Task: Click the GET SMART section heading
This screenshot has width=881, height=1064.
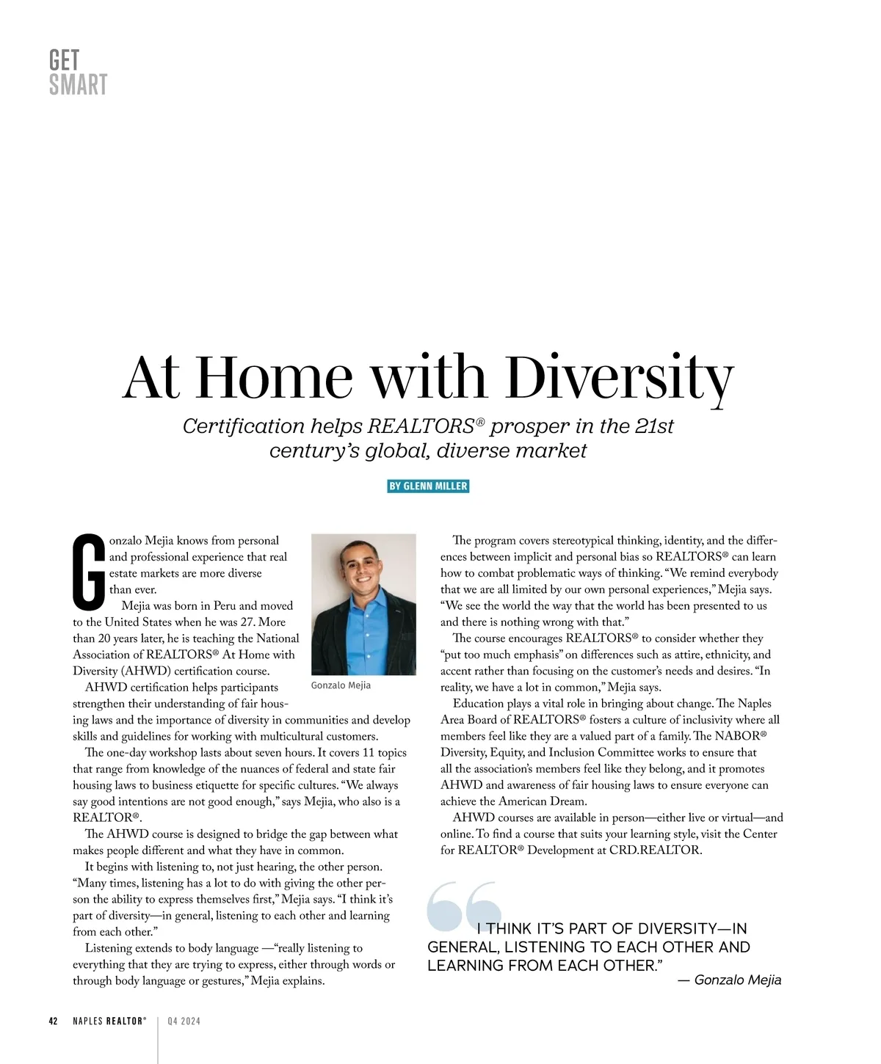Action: [x=78, y=73]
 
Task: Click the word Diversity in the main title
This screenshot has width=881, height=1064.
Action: [x=620, y=377]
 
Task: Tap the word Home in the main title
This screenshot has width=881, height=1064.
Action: [x=274, y=377]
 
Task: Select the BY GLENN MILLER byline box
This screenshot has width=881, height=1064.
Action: [x=428, y=487]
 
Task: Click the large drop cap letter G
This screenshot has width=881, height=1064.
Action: [x=89, y=572]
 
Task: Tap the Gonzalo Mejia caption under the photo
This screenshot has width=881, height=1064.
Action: [x=341, y=685]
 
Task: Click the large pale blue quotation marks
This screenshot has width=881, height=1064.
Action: [x=463, y=906]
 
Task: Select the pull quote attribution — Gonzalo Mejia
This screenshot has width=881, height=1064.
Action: [x=729, y=980]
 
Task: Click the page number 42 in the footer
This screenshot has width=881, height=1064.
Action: [x=53, y=1021]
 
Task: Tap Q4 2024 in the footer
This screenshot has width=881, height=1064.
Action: [x=184, y=1021]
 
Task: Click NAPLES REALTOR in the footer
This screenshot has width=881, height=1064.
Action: [x=109, y=1021]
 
